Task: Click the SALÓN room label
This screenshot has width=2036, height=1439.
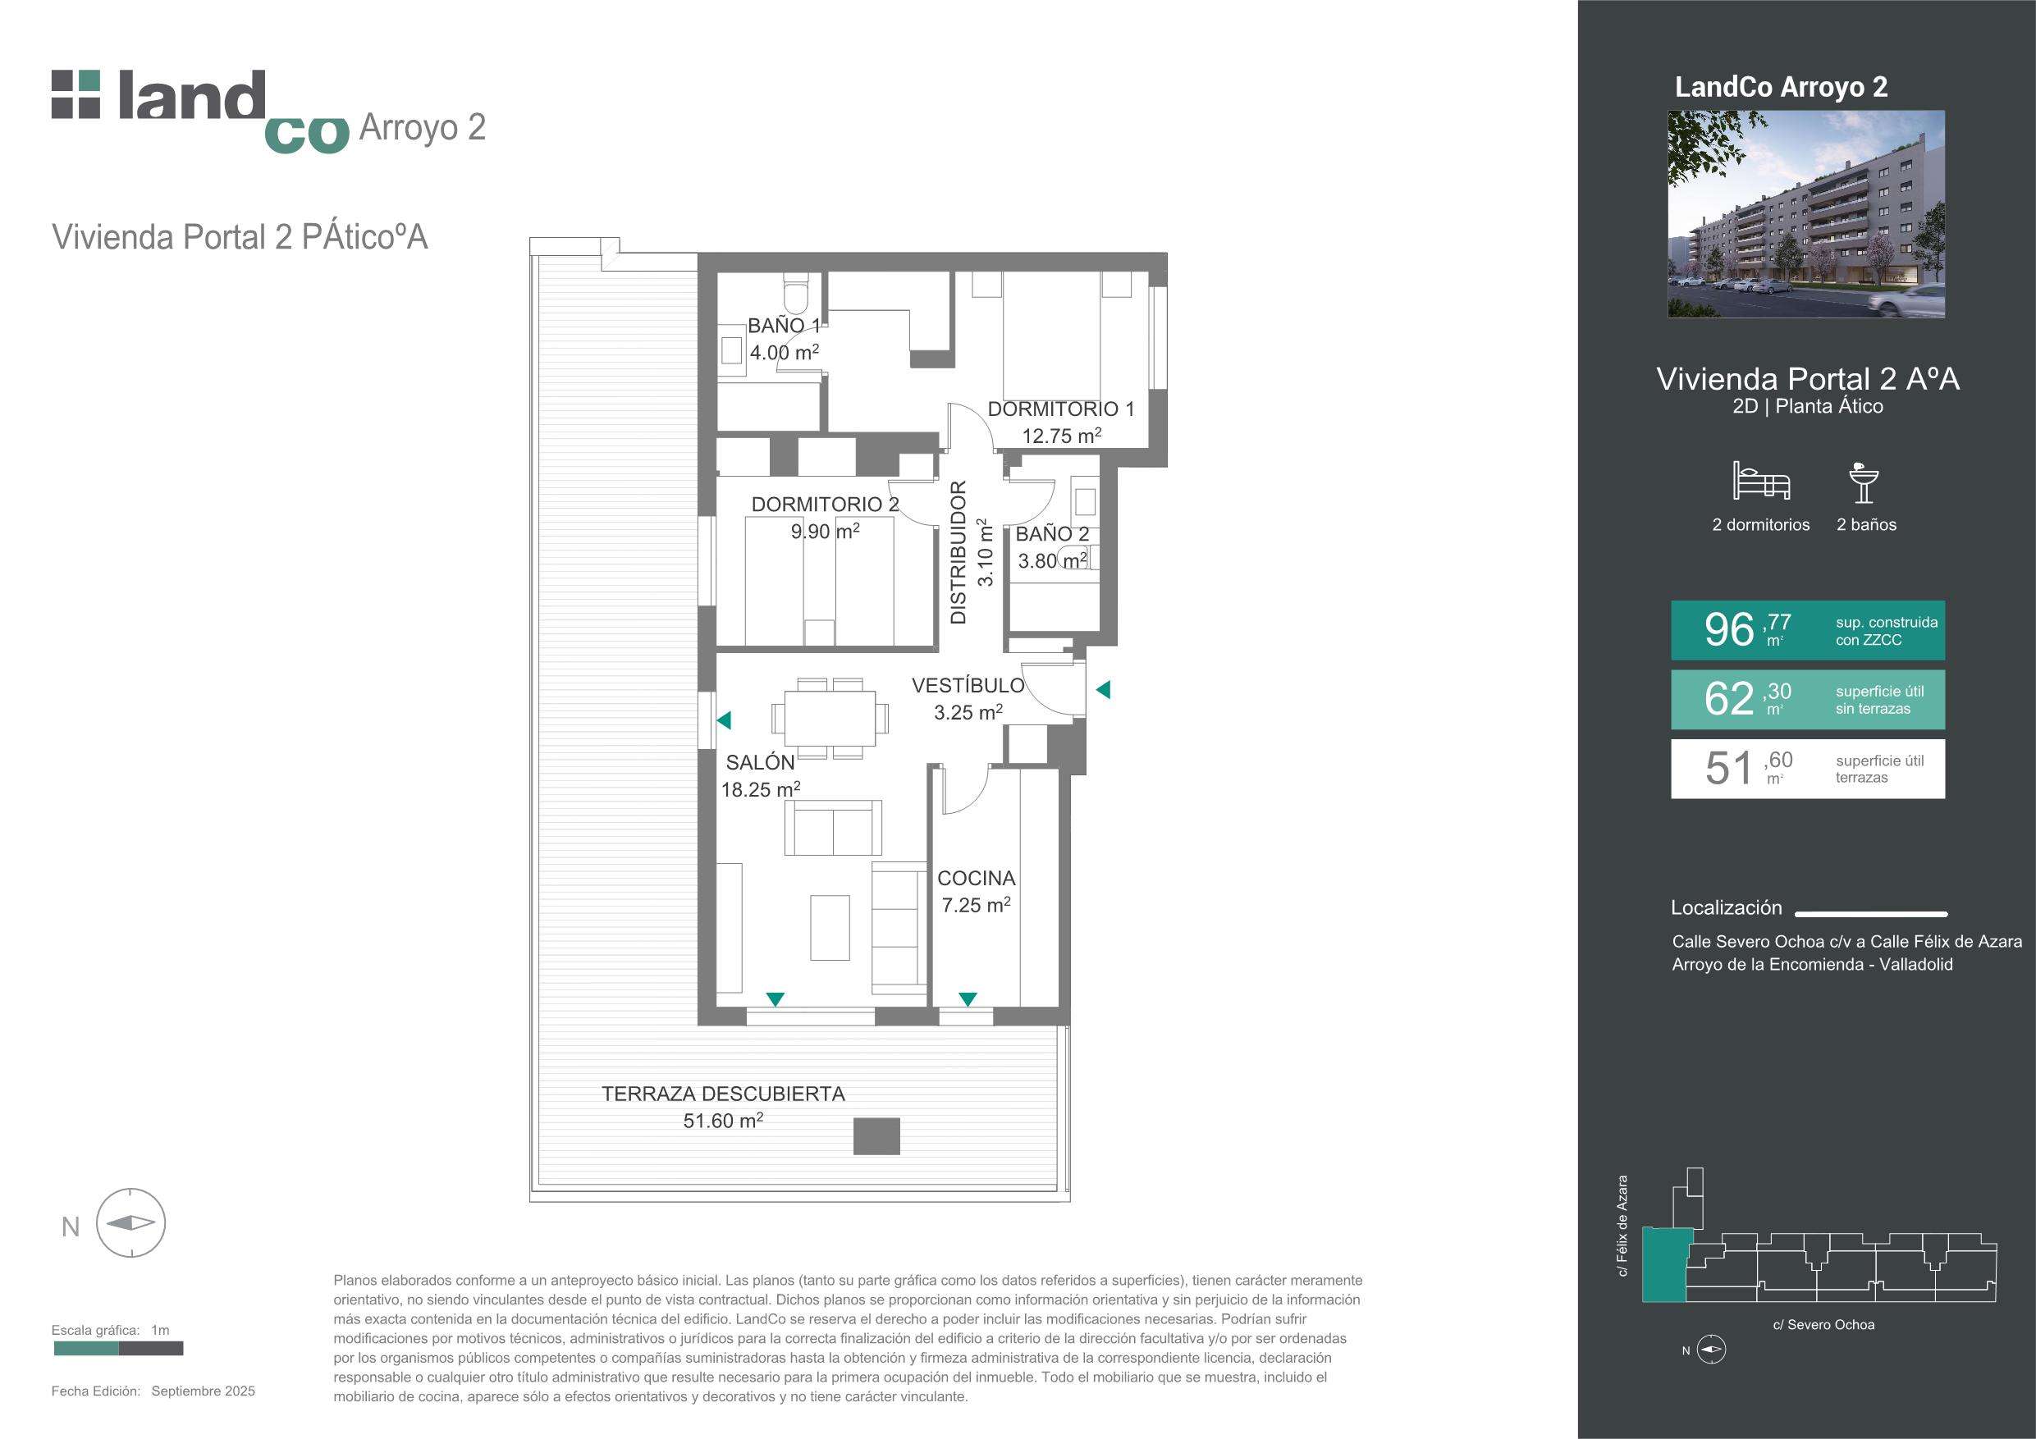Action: tap(760, 762)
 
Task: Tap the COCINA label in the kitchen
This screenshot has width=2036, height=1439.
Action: tap(977, 878)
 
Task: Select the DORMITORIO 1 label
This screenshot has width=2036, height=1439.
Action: tap(1060, 409)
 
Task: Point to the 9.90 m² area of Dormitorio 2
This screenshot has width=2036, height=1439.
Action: tap(825, 530)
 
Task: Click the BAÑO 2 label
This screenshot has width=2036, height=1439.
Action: tap(1052, 534)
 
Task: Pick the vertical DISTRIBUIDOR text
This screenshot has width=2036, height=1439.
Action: tap(958, 552)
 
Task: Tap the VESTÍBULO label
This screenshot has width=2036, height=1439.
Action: tap(968, 684)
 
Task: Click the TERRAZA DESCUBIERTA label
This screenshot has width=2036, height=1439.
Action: tap(724, 1094)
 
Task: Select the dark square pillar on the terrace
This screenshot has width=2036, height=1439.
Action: tap(876, 1135)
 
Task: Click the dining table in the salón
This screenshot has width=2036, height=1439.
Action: tap(830, 718)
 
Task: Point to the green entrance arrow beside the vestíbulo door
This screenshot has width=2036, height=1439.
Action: tap(1103, 689)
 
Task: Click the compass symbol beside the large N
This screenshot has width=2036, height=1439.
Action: tap(130, 1222)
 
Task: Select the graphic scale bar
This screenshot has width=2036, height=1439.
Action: tap(118, 1349)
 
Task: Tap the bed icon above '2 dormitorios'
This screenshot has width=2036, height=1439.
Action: tap(1761, 481)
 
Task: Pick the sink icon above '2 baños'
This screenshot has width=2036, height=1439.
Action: tap(1864, 482)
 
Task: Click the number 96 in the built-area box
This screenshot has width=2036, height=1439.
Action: tap(1729, 629)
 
